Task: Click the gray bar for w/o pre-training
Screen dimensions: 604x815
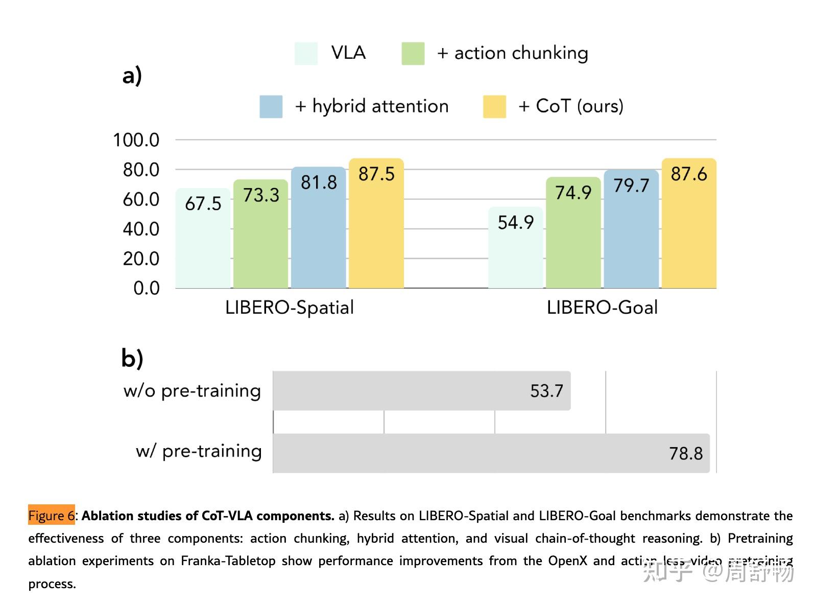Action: pos(421,391)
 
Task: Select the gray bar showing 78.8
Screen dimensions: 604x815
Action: pos(490,453)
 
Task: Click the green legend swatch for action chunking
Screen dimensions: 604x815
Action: pos(413,54)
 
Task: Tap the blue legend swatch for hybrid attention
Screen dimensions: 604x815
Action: pos(271,107)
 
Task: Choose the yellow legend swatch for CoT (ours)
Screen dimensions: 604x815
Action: pos(494,107)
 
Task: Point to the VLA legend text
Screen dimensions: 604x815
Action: pos(348,53)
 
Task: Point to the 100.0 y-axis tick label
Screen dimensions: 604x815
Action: pos(136,140)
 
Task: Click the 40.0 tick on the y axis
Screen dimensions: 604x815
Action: pos(141,229)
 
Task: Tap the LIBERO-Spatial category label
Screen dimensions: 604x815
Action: pos(289,308)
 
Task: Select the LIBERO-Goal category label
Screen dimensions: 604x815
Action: pos(602,308)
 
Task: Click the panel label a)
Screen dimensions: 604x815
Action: pos(132,76)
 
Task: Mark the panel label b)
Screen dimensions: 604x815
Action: pos(132,358)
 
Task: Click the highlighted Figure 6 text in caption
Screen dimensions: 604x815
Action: pos(51,516)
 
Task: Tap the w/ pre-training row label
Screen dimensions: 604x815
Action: pos(199,451)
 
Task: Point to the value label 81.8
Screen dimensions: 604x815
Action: pos(319,182)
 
